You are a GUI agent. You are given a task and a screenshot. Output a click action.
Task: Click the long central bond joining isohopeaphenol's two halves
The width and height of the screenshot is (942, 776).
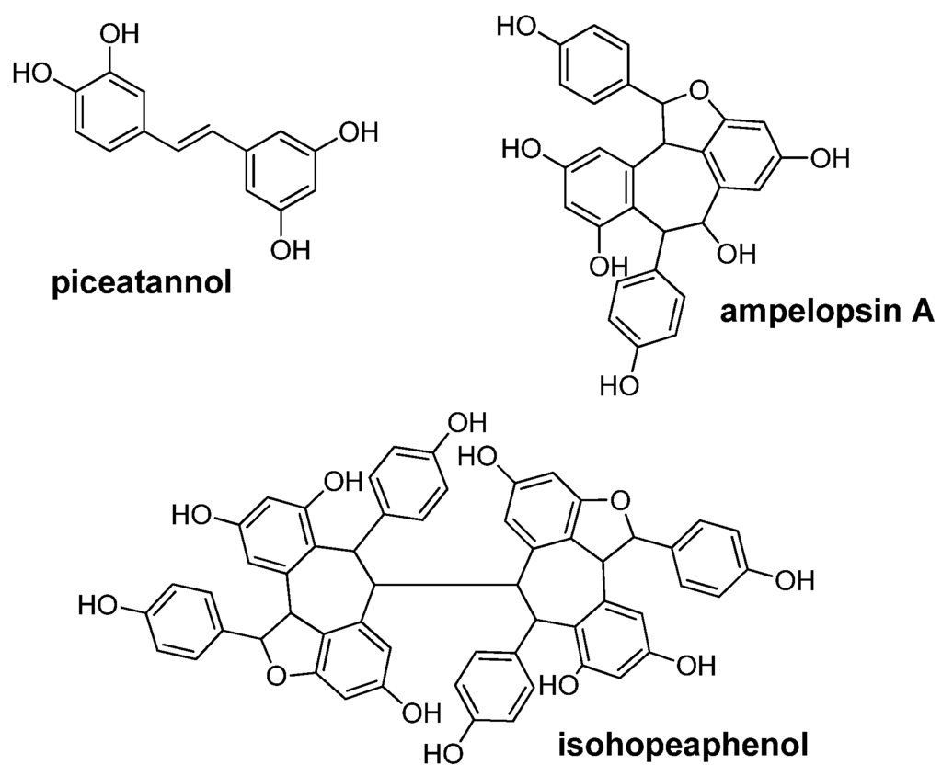tap(443, 585)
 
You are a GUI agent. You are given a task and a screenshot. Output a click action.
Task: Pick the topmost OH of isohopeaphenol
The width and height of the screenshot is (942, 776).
tap(465, 424)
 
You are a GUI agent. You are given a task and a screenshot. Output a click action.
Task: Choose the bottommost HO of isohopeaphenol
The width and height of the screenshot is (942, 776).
tap(442, 754)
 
